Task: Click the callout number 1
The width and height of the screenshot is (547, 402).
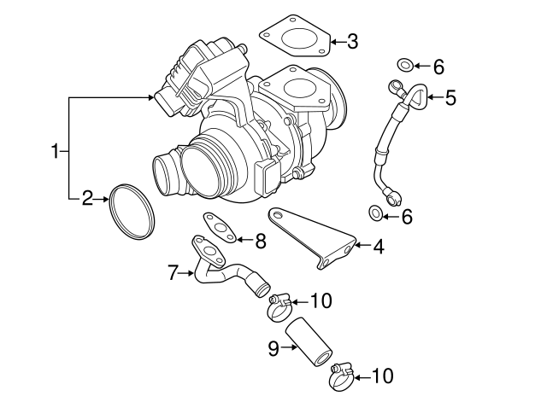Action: [x=56, y=152]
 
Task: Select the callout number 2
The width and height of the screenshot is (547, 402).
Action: [x=87, y=199]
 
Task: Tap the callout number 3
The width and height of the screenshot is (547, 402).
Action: [x=352, y=41]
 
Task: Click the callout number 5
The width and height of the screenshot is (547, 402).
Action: [x=450, y=97]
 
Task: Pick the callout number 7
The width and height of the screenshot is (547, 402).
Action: [x=173, y=273]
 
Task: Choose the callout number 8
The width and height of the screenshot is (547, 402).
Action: [x=260, y=242]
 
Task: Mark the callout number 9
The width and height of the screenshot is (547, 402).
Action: [x=274, y=348]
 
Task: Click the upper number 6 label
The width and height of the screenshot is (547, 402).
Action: [x=438, y=66]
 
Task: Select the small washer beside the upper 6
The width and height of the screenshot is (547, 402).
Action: [x=405, y=63]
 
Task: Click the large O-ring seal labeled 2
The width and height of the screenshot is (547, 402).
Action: [x=132, y=210]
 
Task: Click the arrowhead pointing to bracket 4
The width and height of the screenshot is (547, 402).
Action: [x=359, y=248]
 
